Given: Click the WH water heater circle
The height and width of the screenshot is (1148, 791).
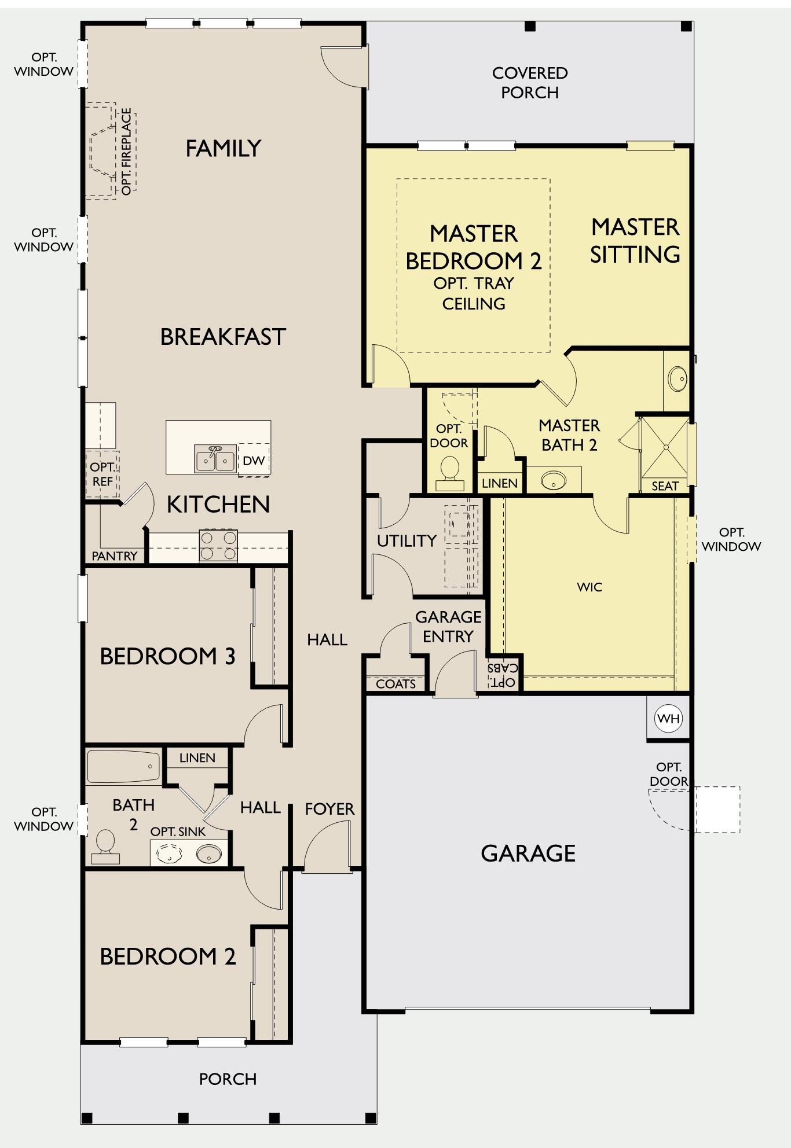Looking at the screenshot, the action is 669,719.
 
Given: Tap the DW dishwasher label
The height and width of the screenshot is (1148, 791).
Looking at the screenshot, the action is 254,461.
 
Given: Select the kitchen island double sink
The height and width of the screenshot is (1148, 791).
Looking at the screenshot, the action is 215,459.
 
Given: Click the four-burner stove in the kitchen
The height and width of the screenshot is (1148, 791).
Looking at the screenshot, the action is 218,546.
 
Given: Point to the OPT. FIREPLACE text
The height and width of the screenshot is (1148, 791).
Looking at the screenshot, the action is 127,152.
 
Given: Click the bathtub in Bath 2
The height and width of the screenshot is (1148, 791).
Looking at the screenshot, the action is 123,767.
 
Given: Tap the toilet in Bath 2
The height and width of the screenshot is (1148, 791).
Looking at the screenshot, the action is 105,847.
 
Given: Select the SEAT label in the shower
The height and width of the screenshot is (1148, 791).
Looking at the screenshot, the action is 665,486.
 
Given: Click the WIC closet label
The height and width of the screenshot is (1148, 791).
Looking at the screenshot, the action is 589,587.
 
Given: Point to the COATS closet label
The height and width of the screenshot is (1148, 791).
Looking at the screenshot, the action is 396,684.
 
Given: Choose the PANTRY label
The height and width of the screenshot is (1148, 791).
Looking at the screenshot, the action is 115,556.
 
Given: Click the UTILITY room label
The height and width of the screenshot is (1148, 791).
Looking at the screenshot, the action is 407,541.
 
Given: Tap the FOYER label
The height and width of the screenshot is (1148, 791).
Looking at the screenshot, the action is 329,809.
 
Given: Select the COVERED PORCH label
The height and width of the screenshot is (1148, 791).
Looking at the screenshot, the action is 530,83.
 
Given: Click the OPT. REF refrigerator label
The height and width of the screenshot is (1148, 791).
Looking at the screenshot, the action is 102,474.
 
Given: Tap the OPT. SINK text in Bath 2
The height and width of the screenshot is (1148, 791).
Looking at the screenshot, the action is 178,831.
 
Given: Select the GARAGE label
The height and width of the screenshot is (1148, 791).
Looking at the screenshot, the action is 528,853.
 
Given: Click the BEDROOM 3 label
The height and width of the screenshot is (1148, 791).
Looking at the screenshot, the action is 168,656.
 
